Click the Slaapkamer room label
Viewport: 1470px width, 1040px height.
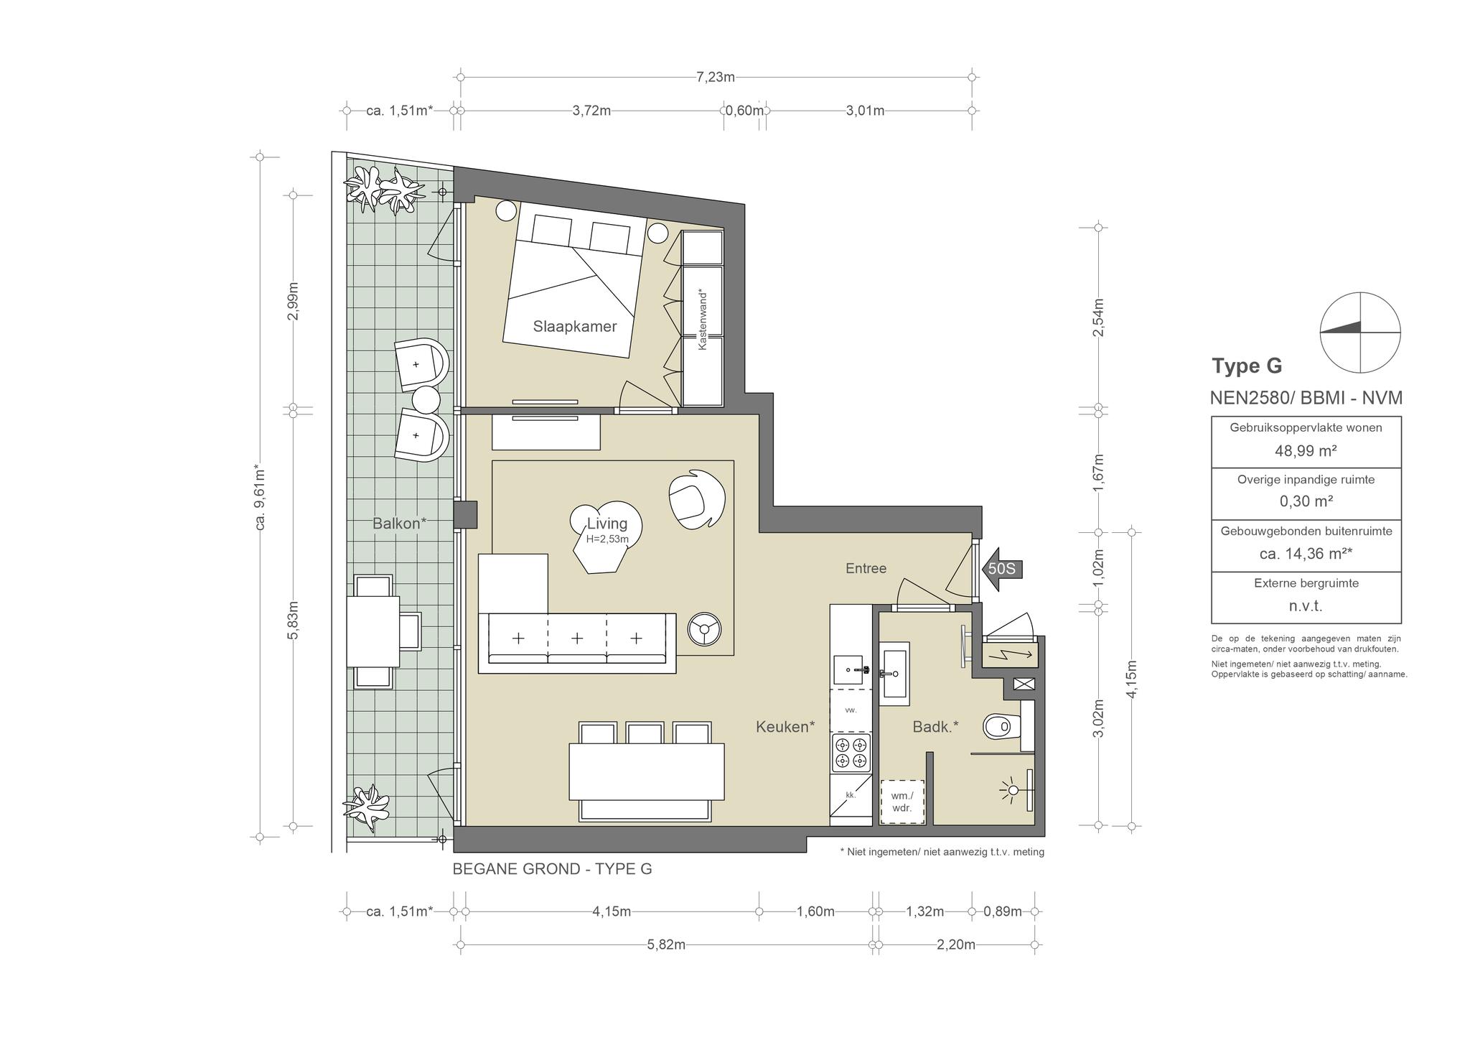pyautogui.click(x=575, y=327)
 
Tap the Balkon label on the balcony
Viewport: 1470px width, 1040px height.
pyautogui.click(x=400, y=524)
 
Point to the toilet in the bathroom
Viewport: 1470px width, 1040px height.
pyautogui.click(x=1001, y=727)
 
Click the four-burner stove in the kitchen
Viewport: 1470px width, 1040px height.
pyautogui.click(x=851, y=753)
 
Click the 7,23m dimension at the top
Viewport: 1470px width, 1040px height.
pyautogui.click(x=716, y=77)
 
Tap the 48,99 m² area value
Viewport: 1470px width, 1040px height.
pyautogui.click(x=1306, y=451)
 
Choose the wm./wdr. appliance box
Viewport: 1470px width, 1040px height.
pyautogui.click(x=902, y=802)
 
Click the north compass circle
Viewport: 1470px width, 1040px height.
pyautogui.click(x=1360, y=333)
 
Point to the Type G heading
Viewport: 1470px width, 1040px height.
pyautogui.click(x=1247, y=366)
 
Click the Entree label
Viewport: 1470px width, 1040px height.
pyautogui.click(x=866, y=569)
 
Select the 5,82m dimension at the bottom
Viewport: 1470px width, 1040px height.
pyautogui.click(x=666, y=944)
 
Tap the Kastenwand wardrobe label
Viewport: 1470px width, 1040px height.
pyautogui.click(x=703, y=320)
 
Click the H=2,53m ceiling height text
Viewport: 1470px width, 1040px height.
pyautogui.click(x=607, y=539)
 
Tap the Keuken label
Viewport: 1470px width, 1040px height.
pyautogui.click(x=785, y=727)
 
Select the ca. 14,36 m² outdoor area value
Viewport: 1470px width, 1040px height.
pyautogui.click(x=1306, y=554)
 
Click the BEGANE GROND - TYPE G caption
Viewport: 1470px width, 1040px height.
pyautogui.click(x=552, y=869)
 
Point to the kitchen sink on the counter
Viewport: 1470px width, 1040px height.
pyautogui.click(x=851, y=669)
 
